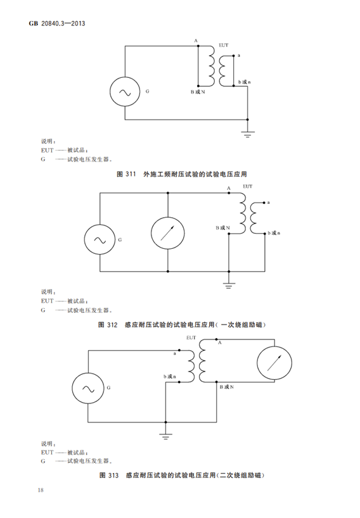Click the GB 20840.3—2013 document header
[x=57, y=23]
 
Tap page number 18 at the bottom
[x=41, y=490]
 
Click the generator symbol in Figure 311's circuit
[x=125, y=92]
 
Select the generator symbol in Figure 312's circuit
[x=100, y=239]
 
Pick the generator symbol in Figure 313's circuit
[x=88, y=388]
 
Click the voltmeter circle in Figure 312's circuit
[x=167, y=233]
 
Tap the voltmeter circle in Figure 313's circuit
[x=274, y=363]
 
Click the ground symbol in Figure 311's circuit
[x=248, y=134]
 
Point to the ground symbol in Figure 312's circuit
[x=228, y=286]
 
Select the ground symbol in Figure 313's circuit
[x=165, y=436]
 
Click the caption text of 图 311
[x=182, y=174]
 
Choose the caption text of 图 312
[x=182, y=325]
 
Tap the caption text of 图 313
[x=182, y=476]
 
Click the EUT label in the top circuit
[x=224, y=45]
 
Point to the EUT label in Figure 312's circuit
[x=248, y=186]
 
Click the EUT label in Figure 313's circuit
[x=191, y=338]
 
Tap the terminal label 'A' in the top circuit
[x=196, y=41]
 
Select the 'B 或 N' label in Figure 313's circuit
[x=227, y=387]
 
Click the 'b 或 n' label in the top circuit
[x=244, y=82]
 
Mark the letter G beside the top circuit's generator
[x=148, y=91]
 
